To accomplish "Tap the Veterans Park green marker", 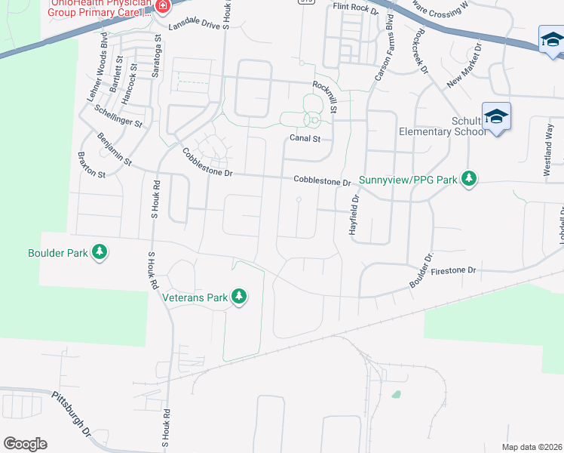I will [239, 297].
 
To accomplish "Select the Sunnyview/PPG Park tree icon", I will [470, 179].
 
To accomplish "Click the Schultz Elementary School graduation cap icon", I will [496, 117].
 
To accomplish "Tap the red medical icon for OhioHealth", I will [163, 6].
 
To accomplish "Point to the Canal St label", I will [305, 138].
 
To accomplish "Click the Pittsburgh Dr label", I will [71, 414].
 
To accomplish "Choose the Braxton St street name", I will [90, 163].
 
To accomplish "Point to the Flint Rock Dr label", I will [354, 8].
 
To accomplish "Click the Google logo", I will [25, 444].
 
